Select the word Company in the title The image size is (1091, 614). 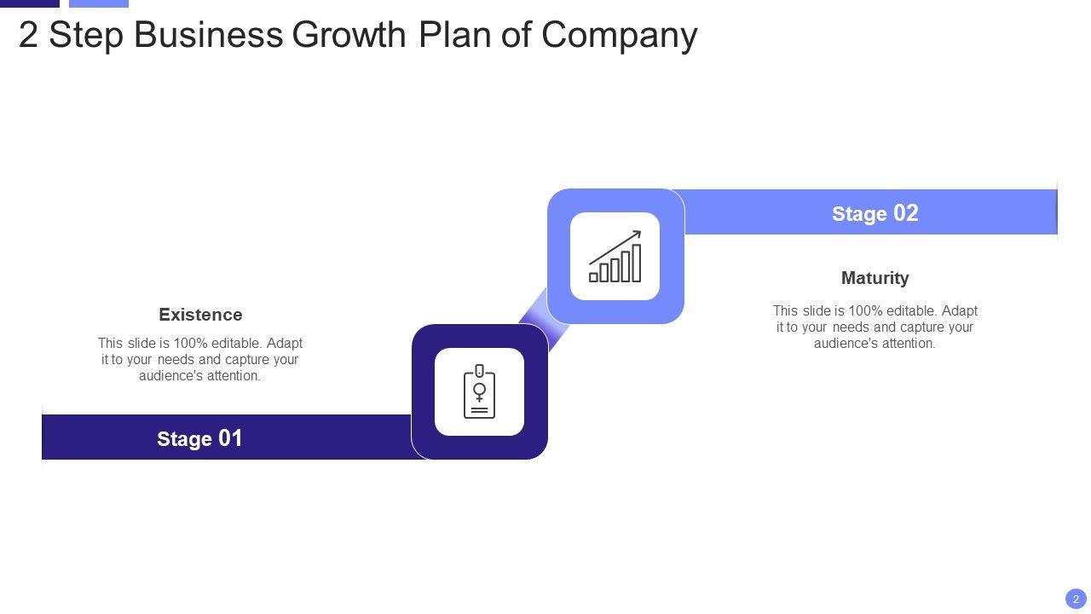(619, 35)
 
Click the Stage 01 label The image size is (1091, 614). (199, 438)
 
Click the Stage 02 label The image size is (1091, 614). (875, 213)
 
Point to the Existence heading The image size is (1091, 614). (200, 315)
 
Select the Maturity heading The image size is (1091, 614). (875, 278)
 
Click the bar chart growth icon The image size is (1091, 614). (615, 257)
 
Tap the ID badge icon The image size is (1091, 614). (479, 392)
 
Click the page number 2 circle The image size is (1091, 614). (1076, 599)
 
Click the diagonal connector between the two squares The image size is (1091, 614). (545, 319)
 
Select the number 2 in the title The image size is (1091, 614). (28, 35)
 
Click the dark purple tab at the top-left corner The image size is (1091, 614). (30, 3)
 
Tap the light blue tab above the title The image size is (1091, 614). (98, 3)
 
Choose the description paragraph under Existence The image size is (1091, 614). (200, 359)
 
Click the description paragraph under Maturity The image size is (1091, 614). (875, 327)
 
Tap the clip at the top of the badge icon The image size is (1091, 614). (479, 370)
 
